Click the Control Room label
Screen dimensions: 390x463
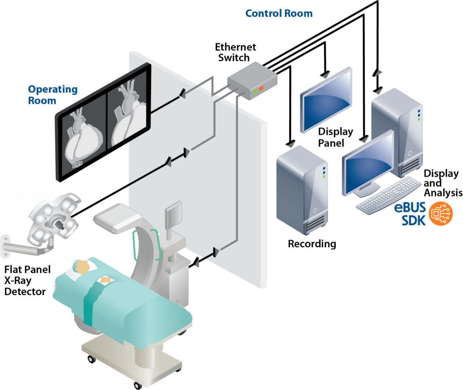coord(279,13)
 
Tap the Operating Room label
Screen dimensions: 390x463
coord(53,95)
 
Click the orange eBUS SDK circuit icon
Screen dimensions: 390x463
coord(440,214)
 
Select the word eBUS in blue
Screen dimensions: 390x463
coord(410,208)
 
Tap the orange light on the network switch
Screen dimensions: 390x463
coord(261,88)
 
